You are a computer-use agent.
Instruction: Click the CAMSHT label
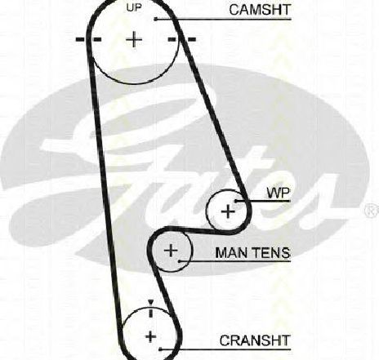[x=260, y=10]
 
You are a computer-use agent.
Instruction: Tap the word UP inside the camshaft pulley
[x=134, y=8]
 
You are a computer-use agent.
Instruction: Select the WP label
[x=279, y=193]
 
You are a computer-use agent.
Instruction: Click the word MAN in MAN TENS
[x=231, y=253]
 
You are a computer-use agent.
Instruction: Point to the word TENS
[x=271, y=253]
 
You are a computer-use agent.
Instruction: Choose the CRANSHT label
[x=255, y=340]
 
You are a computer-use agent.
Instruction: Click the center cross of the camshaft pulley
[x=134, y=40]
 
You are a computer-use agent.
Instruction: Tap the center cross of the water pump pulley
[x=228, y=211]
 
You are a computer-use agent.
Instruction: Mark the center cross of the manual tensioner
[x=171, y=251]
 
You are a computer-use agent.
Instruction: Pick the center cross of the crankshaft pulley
[x=150, y=337]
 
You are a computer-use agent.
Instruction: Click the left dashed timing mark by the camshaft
[x=88, y=39]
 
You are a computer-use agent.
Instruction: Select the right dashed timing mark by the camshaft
[x=181, y=39]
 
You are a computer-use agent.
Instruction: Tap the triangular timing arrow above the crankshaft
[x=151, y=302]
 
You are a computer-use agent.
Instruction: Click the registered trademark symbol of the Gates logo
[x=372, y=211]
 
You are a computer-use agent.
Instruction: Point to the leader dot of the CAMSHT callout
[x=156, y=19]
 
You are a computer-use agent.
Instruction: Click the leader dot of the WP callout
[x=236, y=201]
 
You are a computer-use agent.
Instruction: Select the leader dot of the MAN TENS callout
[x=180, y=261]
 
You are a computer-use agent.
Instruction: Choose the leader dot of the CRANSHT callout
[x=160, y=349]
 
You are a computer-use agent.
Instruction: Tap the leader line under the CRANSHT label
[x=225, y=349]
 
